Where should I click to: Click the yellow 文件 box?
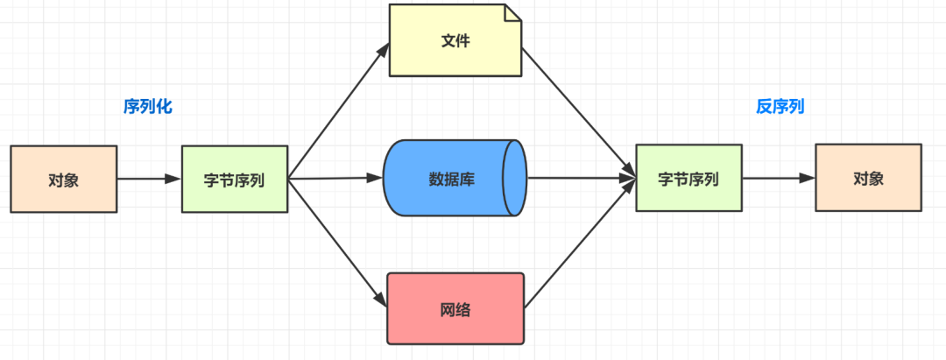455,40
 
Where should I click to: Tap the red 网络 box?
455,308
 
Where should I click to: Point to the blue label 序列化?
148,107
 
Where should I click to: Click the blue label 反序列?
780,107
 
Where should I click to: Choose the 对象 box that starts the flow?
63,180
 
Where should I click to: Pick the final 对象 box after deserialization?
868,178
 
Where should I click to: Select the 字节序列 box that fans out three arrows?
235,180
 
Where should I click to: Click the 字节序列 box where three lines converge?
688,179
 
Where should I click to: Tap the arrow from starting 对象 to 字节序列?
149,180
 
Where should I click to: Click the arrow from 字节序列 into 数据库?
335,179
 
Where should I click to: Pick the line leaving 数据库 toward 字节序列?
578,179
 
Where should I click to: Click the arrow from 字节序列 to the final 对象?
778,179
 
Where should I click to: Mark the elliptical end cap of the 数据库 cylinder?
515,179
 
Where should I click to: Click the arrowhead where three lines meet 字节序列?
629,179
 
